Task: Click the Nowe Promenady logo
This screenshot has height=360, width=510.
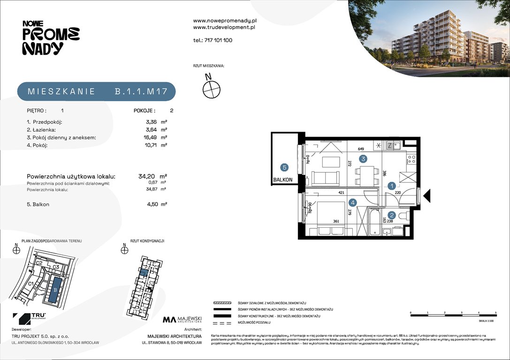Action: tap(51, 38)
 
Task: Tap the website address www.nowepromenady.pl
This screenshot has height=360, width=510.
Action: tap(225, 21)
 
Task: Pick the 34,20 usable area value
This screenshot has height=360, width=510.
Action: tap(147, 176)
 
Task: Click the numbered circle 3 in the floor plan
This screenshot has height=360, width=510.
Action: tap(363, 159)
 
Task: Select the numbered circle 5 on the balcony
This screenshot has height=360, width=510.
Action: tap(284, 166)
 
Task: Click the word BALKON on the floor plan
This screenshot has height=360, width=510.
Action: tap(283, 180)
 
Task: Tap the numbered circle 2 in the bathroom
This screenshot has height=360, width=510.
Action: tap(392, 216)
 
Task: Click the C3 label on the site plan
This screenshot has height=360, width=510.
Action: tap(55, 267)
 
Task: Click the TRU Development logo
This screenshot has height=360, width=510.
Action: tap(29, 318)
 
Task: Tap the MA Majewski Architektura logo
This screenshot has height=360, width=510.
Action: tap(182, 320)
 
